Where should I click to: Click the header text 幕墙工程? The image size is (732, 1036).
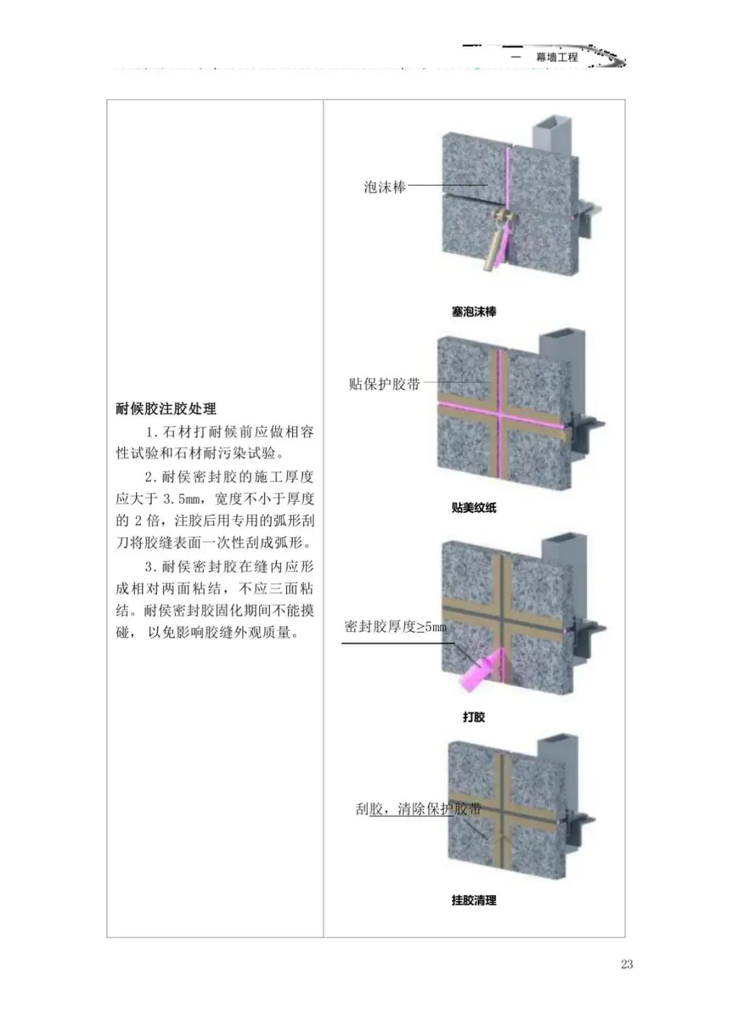pyautogui.click(x=557, y=58)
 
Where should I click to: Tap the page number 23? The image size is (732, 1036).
pyautogui.click(x=626, y=964)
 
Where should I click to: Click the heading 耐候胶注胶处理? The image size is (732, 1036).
pyautogui.click(x=166, y=409)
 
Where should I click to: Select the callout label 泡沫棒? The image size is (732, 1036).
pyautogui.click(x=384, y=187)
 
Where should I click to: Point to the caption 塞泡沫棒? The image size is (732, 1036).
pyautogui.click(x=474, y=312)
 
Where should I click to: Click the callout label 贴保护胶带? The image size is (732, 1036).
pyautogui.click(x=384, y=384)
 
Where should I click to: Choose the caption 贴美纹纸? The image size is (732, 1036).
pyautogui.click(x=474, y=507)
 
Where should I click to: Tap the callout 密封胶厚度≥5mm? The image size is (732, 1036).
pyautogui.click(x=396, y=627)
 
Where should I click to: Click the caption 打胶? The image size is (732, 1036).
pyautogui.click(x=474, y=717)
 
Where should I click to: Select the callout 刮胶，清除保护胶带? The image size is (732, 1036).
pyautogui.click(x=418, y=809)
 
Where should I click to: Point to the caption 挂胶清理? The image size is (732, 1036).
pyautogui.click(x=474, y=900)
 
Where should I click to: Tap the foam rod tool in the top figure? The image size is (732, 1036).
pyautogui.click(x=495, y=247)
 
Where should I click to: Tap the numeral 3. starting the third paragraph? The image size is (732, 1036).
pyautogui.click(x=151, y=566)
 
